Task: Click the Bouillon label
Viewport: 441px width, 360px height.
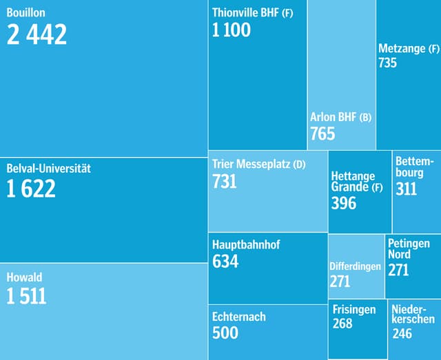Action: click(x=26, y=13)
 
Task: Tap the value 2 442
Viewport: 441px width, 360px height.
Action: click(x=37, y=34)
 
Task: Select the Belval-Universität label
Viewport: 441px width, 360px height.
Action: click(x=48, y=168)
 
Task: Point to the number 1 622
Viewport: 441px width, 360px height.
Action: click(x=31, y=189)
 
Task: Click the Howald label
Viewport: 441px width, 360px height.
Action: click(x=24, y=277)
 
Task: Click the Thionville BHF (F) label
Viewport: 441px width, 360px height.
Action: click(x=252, y=12)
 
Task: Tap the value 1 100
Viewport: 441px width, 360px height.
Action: click(x=232, y=30)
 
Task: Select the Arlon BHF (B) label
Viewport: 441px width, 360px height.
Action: click(x=340, y=117)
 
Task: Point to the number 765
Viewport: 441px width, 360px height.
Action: click(x=322, y=134)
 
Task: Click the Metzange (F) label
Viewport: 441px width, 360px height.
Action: click(x=408, y=48)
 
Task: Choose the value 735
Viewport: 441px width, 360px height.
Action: click(x=387, y=63)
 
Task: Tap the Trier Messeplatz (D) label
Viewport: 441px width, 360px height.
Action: click(x=258, y=165)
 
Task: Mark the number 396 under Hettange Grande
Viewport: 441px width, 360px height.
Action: click(x=343, y=203)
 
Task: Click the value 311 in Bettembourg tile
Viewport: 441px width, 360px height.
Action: click(x=406, y=189)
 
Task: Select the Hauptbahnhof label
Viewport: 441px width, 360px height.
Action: click(x=246, y=244)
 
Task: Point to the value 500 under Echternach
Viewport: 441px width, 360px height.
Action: click(x=225, y=333)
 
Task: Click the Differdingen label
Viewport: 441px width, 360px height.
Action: click(x=355, y=266)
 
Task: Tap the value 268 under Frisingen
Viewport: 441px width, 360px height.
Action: click(x=342, y=324)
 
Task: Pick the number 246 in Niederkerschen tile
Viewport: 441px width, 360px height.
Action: click(x=402, y=334)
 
